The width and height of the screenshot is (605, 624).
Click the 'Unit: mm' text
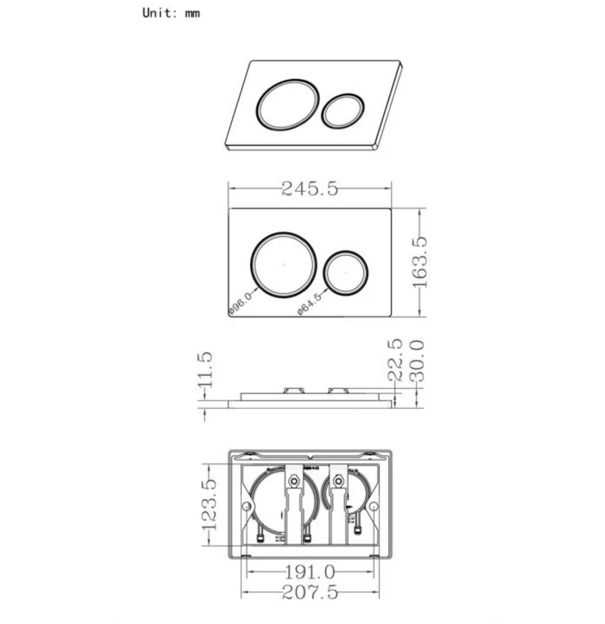pos(171,13)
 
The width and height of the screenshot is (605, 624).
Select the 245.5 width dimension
pos(309,188)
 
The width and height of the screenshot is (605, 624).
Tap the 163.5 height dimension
pos(420,262)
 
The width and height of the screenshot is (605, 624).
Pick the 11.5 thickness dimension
pos(205,370)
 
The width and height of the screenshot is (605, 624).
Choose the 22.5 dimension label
pos(395,360)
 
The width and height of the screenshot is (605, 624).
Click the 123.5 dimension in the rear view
pos(209,504)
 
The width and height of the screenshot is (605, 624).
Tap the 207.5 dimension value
pos(309,593)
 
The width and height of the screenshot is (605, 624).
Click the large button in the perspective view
pos(288,104)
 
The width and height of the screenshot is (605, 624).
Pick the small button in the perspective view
pos(343,111)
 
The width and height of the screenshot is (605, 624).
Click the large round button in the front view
pos(284,265)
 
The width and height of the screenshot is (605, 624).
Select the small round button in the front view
pos(345,272)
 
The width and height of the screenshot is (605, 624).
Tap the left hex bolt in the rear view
pos(294,481)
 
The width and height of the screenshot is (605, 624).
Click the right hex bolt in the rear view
pos(338,481)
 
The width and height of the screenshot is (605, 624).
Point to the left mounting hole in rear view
pos(247,506)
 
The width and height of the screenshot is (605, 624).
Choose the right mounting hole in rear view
pos(373,506)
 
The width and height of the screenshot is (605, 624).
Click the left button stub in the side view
pos(293,390)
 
